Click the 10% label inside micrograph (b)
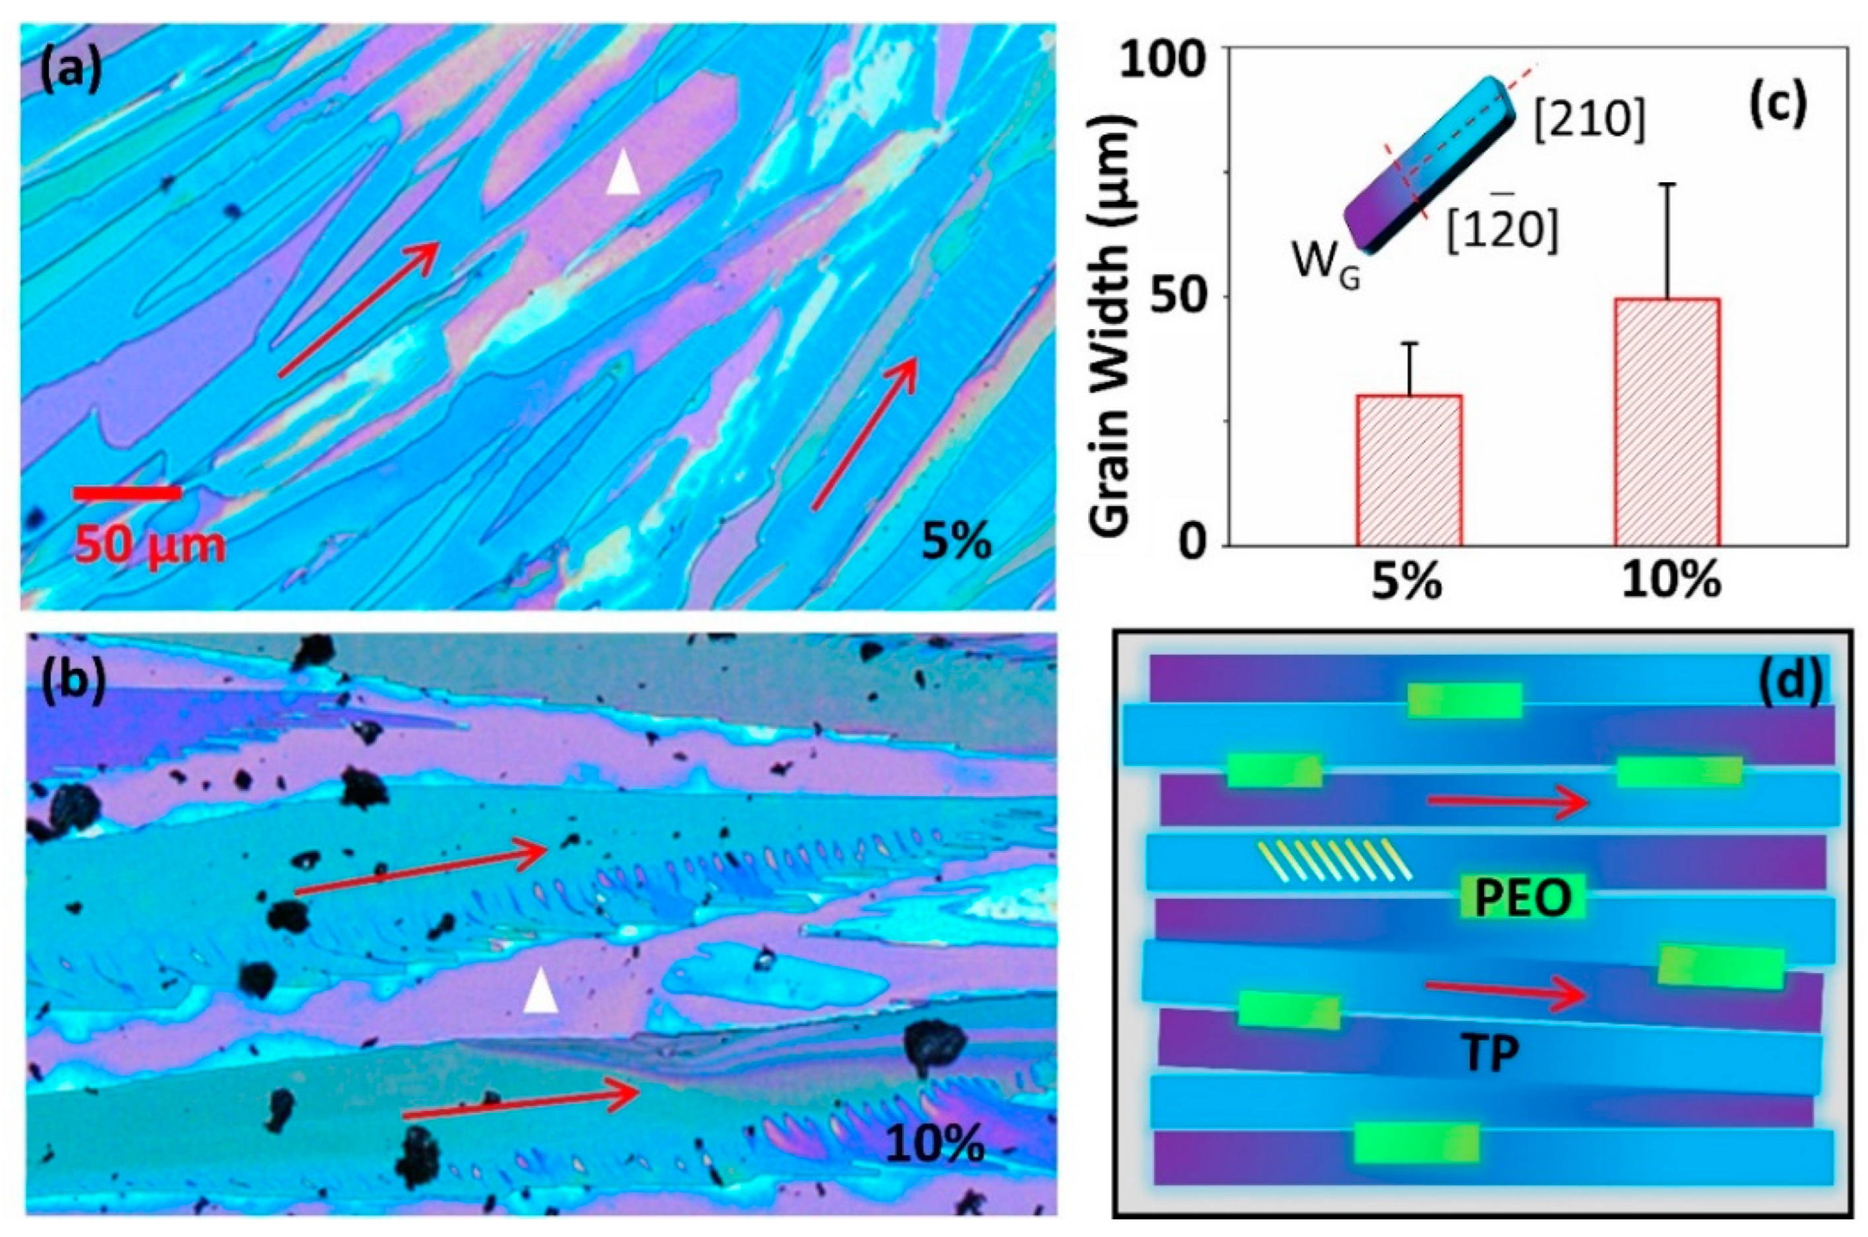(x=935, y=1143)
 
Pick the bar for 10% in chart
(x=1667, y=422)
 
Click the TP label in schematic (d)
(x=1489, y=1053)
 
